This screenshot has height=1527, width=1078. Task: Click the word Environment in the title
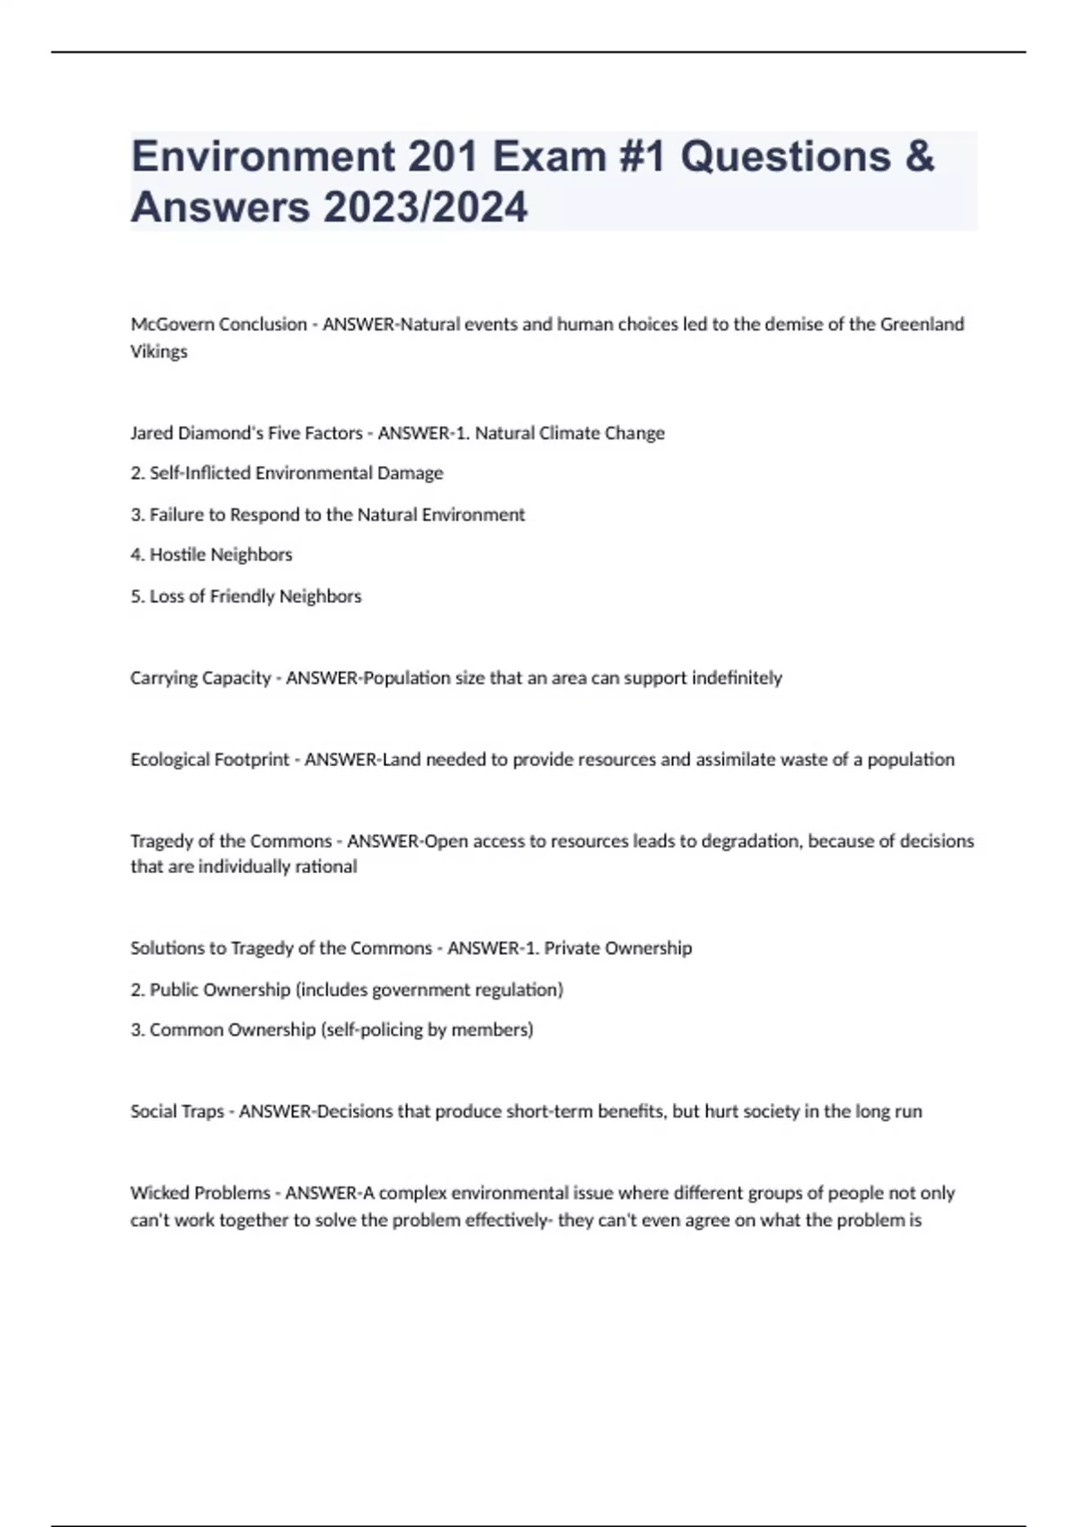click(263, 156)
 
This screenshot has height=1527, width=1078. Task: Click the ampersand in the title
click(919, 156)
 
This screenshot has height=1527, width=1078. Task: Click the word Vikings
click(159, 352)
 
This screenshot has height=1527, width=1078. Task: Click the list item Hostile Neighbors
click(221, 555)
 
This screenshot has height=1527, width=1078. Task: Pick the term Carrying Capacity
click(200, 678)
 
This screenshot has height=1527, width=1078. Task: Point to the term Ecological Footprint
click(210, 760)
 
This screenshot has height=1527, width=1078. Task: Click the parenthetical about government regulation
click(429, 990)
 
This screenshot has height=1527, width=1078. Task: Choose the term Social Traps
click(177, 1112)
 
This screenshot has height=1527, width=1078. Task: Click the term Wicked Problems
click(200, 1194)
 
